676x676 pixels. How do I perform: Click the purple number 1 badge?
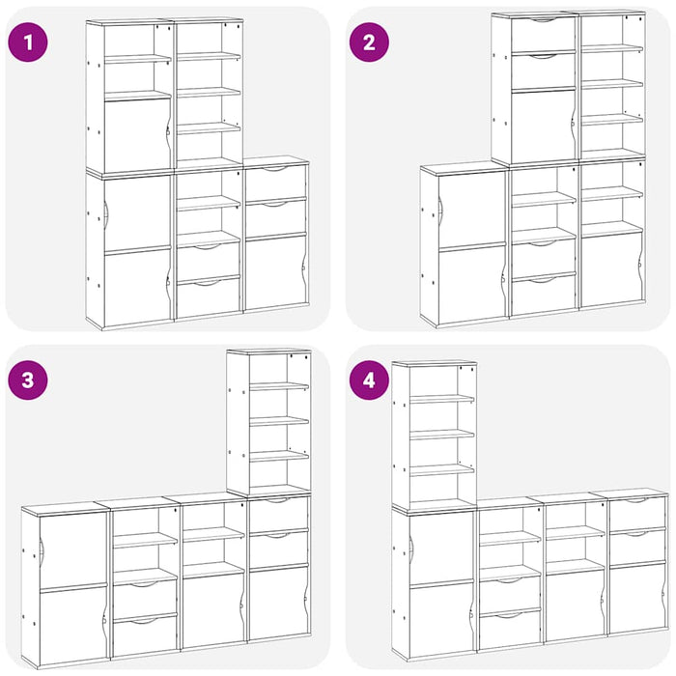(28, 42)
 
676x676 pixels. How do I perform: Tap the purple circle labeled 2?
(369, 42)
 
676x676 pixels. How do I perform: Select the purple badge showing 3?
(28, 380)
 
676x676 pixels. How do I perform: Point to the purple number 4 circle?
(369, 380)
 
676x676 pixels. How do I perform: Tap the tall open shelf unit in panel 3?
(269, 423)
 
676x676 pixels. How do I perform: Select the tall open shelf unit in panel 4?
(435, 436)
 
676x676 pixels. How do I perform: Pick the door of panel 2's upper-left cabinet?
(543, 126)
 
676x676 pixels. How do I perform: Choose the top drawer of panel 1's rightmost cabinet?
(276, 182)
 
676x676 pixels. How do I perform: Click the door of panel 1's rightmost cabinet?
(276, 272)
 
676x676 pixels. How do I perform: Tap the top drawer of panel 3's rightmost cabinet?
(279, 515)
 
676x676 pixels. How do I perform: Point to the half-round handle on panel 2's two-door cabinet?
(440, 211)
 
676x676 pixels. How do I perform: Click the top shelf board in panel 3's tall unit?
(279, 386)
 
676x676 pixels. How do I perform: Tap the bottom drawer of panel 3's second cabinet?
(145, 634)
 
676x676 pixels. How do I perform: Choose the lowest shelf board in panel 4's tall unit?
(442, 470)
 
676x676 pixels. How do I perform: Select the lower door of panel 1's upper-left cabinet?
(138, 134)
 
